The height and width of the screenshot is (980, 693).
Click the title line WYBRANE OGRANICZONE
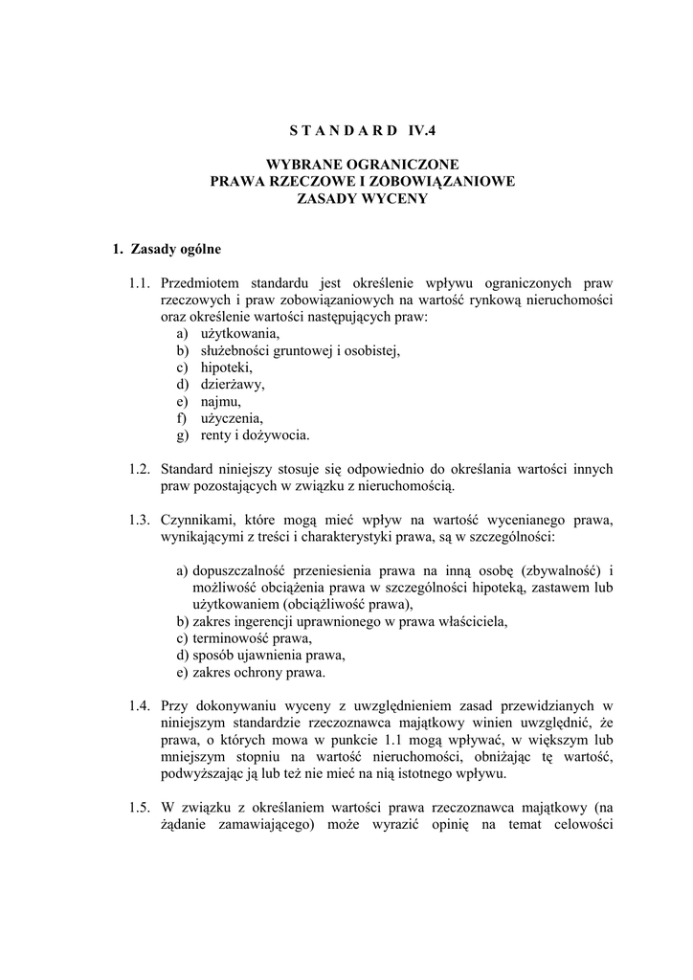363,165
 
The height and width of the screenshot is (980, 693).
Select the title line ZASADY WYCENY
363,199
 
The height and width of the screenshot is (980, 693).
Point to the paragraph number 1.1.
141,283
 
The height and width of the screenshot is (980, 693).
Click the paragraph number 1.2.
141,469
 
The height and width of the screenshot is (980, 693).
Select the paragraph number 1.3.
141,520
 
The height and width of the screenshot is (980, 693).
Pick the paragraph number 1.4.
141,706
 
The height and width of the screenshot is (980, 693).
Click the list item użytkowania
240,334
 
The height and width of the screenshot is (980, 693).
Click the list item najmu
221,402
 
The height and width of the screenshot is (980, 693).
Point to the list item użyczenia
232,418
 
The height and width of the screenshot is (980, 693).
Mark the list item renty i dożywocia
255,435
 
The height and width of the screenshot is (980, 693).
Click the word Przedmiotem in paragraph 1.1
201,283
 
